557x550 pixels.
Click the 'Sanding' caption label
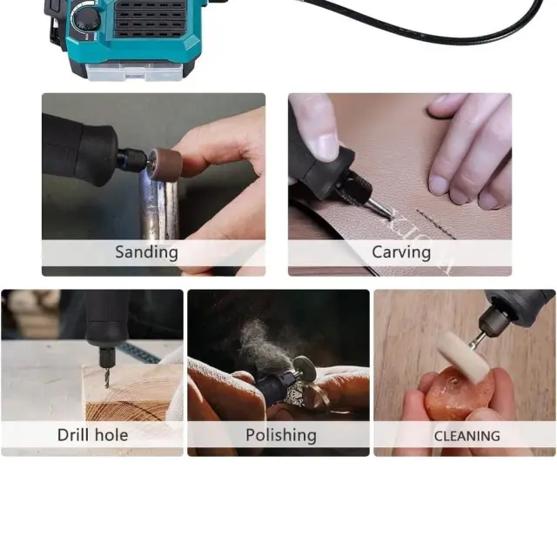click(146, 252)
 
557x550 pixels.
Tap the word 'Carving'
click(401, 252)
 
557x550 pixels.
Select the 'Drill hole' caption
click(93, 435)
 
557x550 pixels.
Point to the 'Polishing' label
click(281, 435)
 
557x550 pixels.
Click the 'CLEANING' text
click(467, 436)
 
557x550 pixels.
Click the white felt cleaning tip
click(462, 357)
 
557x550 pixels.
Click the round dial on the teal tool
click(84, 20)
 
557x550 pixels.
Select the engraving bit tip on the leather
click(388, 214)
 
